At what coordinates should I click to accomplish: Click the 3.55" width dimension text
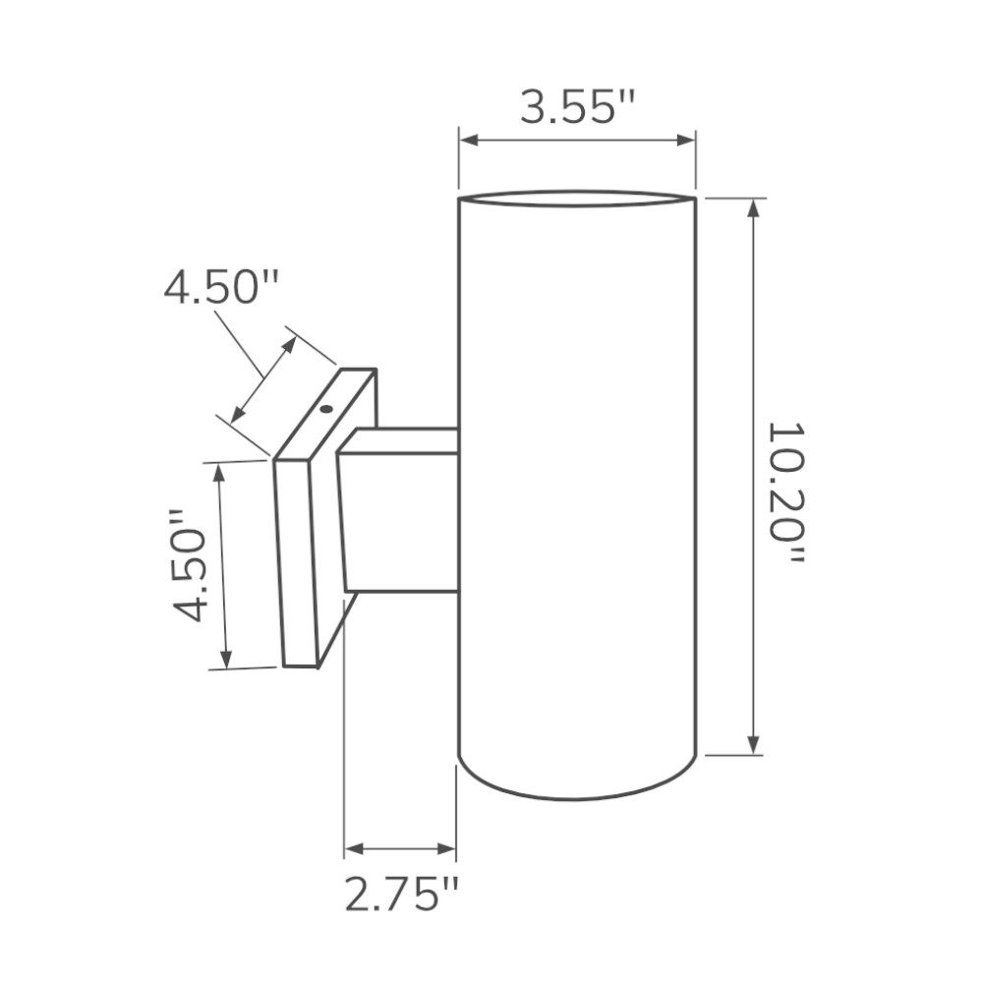coord(578,105)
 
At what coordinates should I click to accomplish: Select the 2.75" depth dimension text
coord(401,895)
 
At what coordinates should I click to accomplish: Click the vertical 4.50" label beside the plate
coord(189,566)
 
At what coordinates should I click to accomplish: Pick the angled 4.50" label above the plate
coord(222,288)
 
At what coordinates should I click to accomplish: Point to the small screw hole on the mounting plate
coord(326,407)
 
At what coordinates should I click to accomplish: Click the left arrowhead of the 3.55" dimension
coord(466,141)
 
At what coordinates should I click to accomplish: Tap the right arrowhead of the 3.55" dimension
coord(688,141)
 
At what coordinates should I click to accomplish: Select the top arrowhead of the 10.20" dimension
coord(754,206)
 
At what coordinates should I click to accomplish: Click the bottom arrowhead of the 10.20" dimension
coord(754,746)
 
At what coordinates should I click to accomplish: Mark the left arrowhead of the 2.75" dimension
coord(351,848)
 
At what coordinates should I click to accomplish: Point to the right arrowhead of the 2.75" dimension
coord(449,848)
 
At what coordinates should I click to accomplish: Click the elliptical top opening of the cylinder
coord(577,199)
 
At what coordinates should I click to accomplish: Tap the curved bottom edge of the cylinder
coord(577,797)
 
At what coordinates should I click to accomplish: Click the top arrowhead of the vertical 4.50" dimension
coord(219,470)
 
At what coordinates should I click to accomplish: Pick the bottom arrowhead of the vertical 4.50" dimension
coord(226,661)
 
